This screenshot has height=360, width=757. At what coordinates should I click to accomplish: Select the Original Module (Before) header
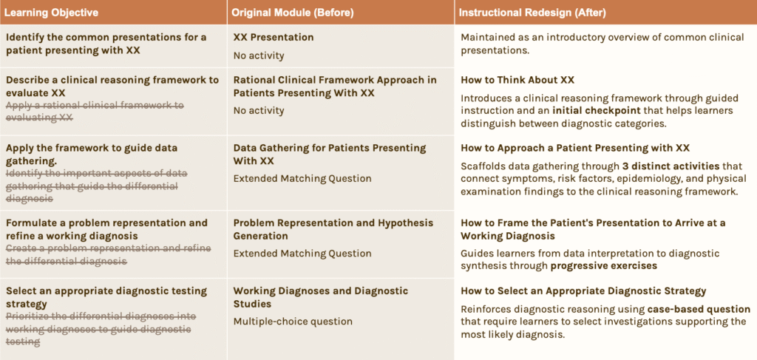(x=293, y=13)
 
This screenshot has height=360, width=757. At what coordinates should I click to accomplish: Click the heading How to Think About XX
(x=517, y=80)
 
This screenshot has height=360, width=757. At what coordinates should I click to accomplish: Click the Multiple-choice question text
(x=293, y=322)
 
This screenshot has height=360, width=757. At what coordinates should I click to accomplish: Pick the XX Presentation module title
(x=274, y=37)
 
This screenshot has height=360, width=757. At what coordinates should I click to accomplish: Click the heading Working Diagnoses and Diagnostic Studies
(x=321, y=297)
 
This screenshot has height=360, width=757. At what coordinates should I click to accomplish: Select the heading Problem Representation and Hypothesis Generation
(x=333, y=229)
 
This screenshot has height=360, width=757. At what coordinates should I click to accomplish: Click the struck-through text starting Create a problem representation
(x=108, y=254)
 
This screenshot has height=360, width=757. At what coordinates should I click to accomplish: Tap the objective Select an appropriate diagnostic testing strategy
(x=106, y=297)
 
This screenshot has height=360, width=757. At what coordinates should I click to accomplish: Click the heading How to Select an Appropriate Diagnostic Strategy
(x=583, y=291)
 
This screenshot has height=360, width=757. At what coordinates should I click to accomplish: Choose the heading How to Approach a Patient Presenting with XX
(x=575, y=148)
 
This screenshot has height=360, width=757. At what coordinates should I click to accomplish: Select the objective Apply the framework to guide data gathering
(x=92, y=154)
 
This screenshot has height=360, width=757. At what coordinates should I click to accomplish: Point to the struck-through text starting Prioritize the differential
(x=101, y=329)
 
